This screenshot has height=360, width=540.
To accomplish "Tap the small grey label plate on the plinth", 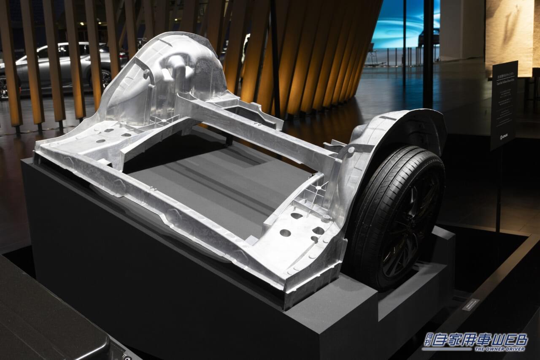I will point(470,304).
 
